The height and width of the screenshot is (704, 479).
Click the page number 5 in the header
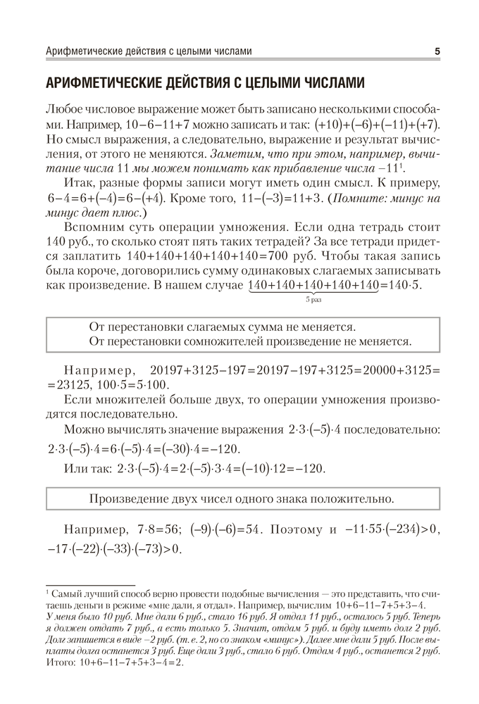point(437,51)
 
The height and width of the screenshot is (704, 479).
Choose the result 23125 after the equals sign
point(73,385)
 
